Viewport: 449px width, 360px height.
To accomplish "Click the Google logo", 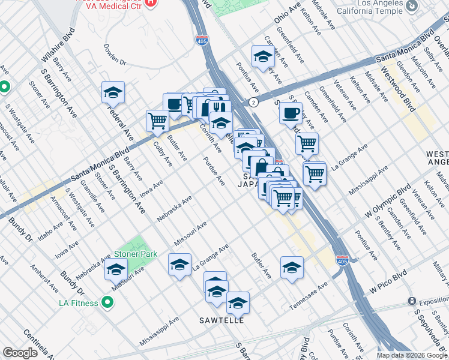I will [x=20, y=353].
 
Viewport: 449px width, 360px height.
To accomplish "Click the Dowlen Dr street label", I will [x=115, y=54].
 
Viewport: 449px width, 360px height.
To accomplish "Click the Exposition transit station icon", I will [x=412, y=301].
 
